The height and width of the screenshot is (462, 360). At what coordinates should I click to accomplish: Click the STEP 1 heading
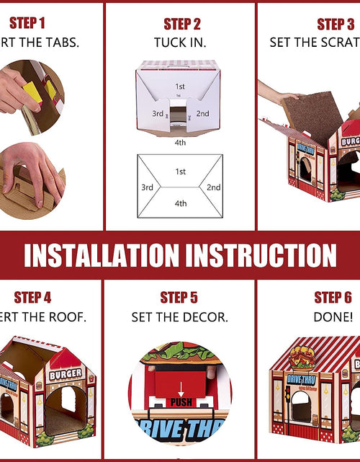click(x=27, y=23)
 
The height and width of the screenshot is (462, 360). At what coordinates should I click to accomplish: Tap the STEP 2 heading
click(x=182, y=25)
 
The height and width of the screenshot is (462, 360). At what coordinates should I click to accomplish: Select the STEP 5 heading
click(x=179, y=298)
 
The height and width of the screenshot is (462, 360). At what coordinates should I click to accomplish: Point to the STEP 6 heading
click(x=333, y=298)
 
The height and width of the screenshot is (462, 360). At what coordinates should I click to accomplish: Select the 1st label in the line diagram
click(x=180, y=172)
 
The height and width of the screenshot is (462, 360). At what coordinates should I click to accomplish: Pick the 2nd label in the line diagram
click(x=213, y=187)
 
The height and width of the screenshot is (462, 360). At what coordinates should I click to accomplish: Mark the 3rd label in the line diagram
click(x=147, y=187)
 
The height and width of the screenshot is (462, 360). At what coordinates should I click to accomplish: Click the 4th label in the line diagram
click(x=180, y=204)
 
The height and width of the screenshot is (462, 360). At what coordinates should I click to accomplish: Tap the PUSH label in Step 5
click(x=181, y=401)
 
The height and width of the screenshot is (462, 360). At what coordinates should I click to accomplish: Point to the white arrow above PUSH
click(x=181, y=389)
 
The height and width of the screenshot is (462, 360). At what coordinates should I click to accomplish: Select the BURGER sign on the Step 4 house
click(x=66, y=374)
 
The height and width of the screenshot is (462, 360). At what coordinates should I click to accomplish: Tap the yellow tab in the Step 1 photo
click(x=33, y=91)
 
